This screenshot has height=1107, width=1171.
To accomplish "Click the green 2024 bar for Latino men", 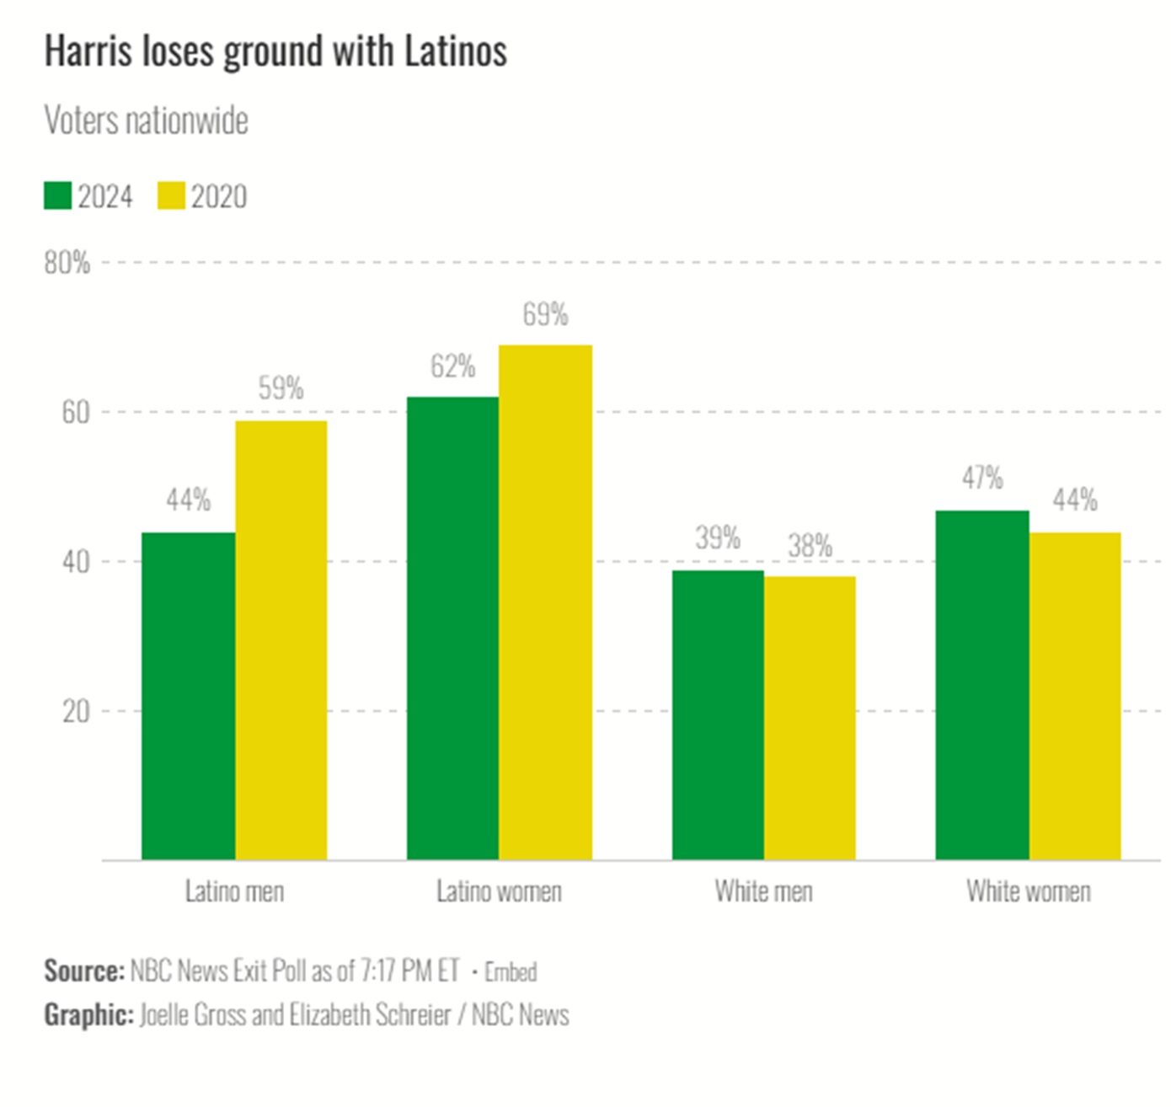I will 188,695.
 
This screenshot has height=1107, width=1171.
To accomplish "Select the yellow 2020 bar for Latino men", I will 281,640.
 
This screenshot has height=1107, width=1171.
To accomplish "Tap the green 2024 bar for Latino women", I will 452,628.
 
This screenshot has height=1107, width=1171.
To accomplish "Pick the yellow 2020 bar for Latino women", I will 545,602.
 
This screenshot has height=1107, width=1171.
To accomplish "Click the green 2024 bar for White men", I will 718,714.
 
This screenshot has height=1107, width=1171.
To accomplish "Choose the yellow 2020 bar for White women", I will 1075,695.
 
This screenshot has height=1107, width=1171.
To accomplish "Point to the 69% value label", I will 545,315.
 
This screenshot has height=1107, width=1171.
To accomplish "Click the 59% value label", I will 281,388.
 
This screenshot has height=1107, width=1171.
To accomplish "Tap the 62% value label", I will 452,367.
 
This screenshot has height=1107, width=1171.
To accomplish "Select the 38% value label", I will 810,546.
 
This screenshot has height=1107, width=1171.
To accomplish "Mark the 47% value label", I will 982,479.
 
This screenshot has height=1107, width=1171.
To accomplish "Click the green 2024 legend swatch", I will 58,196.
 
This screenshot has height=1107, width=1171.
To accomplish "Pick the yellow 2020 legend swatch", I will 171,196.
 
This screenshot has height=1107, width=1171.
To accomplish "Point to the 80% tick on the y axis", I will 67,263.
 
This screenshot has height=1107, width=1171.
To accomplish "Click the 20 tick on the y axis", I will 76,712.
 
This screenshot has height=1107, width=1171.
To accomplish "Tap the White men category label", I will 764,891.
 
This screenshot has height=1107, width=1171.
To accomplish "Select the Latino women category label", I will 499,891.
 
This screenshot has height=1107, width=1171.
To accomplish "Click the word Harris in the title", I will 88,51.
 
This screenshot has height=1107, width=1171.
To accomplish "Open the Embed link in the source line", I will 511,972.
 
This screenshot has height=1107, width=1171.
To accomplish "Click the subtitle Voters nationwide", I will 147,121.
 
